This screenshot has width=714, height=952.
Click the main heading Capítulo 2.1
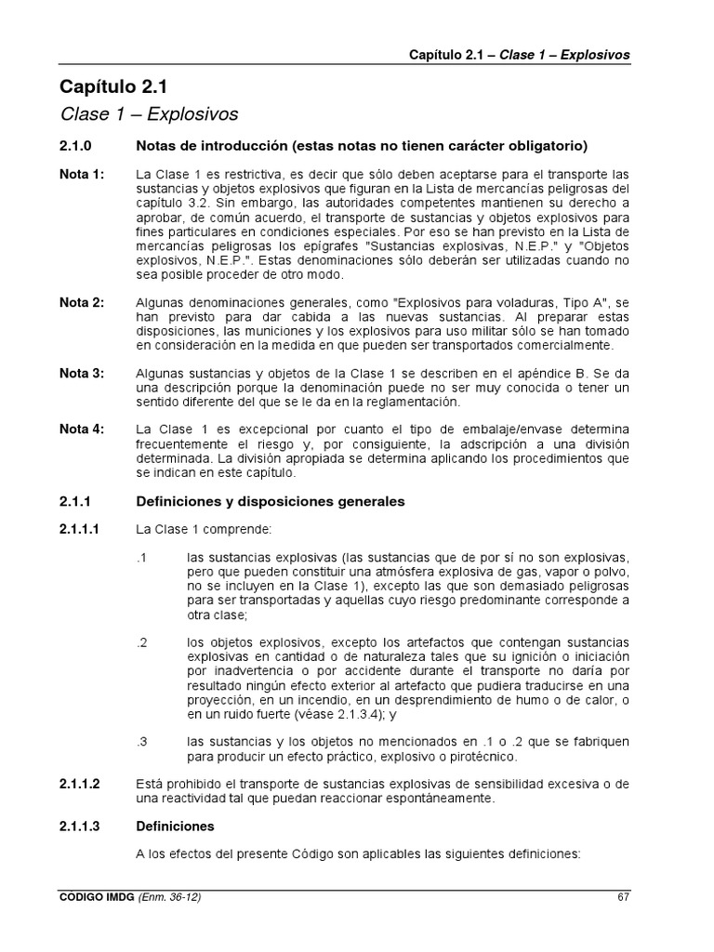(x=112, y=87)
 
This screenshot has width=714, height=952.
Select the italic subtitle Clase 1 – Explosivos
(x=149, y=114)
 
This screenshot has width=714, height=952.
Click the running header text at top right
(x=519, y=55)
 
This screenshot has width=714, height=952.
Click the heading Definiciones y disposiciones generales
(x=270, y=501)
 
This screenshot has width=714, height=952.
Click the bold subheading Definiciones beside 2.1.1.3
(x=175, y=826)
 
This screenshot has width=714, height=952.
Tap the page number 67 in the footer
(x=623, y=897)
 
